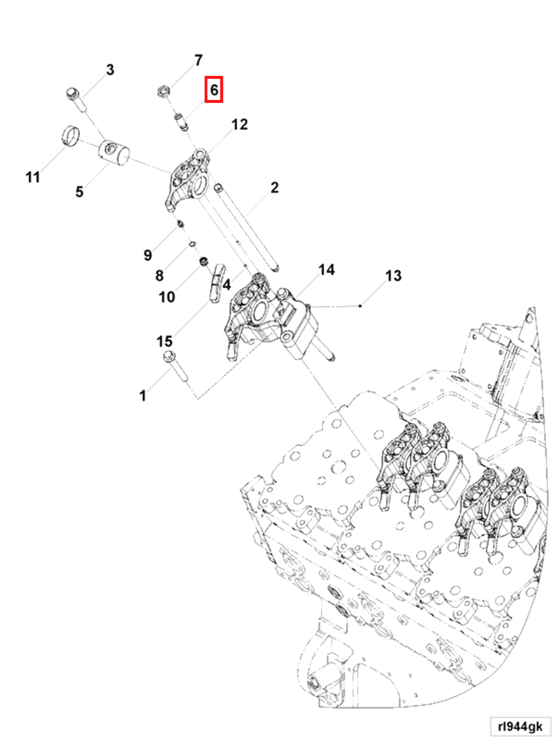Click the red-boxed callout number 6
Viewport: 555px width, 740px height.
[214, 89]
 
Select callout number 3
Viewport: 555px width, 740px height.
[110, 70]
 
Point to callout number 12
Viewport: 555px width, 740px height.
[240, 125]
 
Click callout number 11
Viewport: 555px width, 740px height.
[33, 177]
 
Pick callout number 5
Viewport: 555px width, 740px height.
[79, 192]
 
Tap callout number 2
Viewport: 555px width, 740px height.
[274, 187]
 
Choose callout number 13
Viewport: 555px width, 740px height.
[393, 276]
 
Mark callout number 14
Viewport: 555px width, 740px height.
[326, 270]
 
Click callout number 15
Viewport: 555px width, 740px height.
[164, 342]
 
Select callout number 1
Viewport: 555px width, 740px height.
[143, 396]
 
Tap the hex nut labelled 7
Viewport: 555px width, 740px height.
[164, 91]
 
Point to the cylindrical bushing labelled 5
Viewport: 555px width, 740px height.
[114, 153]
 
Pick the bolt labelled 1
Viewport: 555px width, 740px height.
[176, 369]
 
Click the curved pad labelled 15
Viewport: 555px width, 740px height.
[217, 283]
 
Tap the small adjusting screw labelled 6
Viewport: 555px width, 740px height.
[181, 123]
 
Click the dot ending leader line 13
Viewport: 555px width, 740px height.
[360, 306]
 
